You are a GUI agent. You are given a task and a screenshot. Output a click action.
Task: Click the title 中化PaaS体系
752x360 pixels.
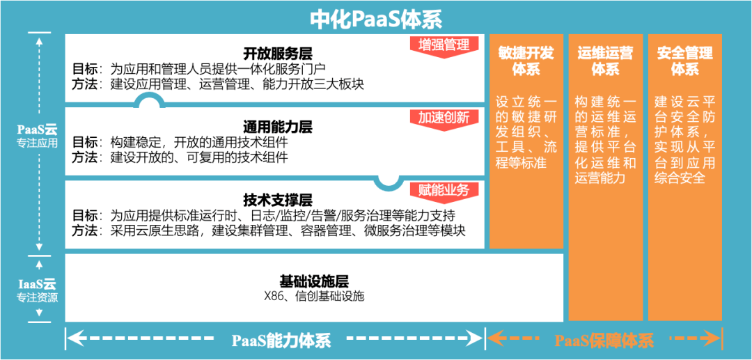(x=376, y=17)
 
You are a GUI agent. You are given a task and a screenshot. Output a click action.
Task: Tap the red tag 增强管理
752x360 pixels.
(x=444, y=45)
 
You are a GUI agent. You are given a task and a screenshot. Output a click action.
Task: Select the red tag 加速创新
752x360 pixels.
(x=444, y=118)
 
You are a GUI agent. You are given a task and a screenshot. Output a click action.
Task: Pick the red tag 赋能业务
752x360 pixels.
(x=444, y=189)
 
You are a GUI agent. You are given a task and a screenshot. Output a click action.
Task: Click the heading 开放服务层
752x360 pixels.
(x=277, y=54)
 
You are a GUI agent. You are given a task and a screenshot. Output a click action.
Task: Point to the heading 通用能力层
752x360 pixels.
(x=277, y=127)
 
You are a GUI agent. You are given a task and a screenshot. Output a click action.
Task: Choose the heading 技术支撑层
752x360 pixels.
(x=277, y=199)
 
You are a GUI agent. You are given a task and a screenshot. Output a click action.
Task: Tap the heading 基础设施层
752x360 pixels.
(x=314, y=281)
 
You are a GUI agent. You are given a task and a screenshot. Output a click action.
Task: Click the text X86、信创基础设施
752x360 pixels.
(x=314, y=296)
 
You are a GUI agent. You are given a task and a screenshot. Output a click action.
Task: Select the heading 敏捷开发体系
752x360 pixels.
(x=526, y=61)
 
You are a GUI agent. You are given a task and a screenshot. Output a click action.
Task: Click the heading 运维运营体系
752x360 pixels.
(x=605, y=61)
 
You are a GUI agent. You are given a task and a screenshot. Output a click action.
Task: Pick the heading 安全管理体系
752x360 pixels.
(x=684, y=61)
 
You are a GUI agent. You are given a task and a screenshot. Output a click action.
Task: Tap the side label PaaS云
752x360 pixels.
(x=38, y=130)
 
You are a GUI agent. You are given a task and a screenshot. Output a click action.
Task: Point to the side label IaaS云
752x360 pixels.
(x=38, y=284)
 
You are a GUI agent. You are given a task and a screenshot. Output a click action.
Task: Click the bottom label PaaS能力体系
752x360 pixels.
(x=281, y=340)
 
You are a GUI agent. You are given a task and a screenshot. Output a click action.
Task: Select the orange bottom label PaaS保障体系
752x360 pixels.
(x=604, y=340)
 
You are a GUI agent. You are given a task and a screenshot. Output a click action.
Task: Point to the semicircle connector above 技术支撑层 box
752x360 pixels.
(x=386, y=180)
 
